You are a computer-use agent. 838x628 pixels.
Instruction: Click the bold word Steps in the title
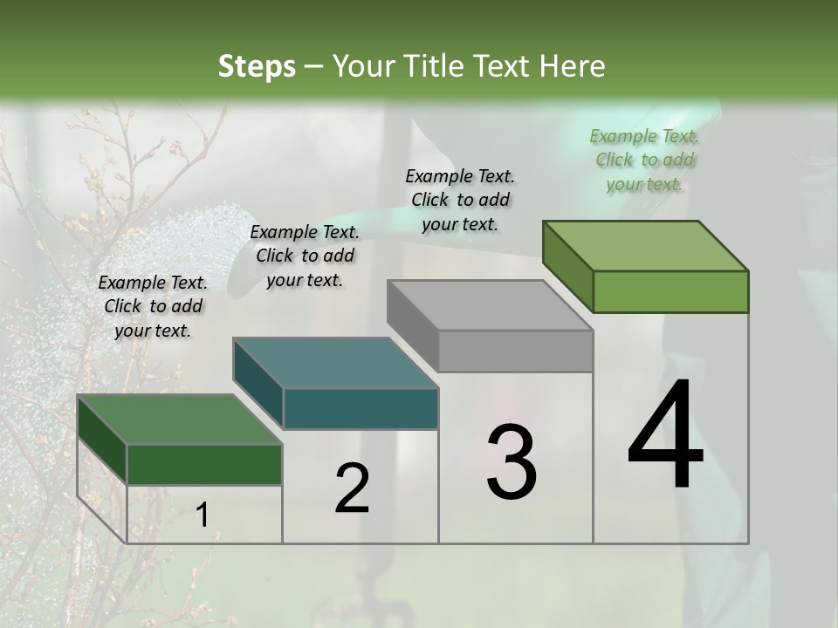(257, 66)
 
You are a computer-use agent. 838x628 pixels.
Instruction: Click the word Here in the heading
(573, 66)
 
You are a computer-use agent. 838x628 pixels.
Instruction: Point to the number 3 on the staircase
(512, 462)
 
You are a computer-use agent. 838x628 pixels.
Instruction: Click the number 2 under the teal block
(352, 489)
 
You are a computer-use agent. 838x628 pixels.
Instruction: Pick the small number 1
(202, 515)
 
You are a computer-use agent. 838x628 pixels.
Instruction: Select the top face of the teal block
(335, 363)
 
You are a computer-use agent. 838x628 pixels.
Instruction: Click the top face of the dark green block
(180, 420)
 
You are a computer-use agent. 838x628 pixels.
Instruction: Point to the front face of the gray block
(515, 352)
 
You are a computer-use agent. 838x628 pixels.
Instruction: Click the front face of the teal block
(361, 409)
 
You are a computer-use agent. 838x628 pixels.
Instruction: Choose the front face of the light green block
(670, 291)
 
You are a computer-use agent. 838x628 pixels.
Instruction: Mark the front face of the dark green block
(204, 464)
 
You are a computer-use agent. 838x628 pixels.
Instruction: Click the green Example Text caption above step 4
(644, 160)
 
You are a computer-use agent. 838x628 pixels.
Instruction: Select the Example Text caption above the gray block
(460, 200)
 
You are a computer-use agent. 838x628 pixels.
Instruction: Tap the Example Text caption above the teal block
(305, 256)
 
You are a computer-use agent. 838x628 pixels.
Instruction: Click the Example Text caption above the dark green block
(153, 306)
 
